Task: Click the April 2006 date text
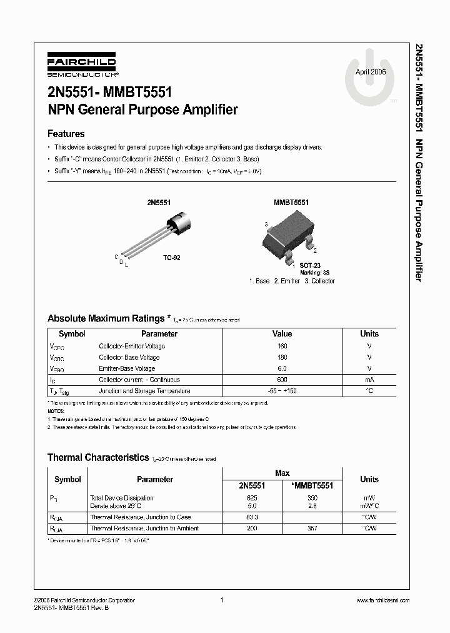click(371, 72)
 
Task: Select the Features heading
click(66, 134)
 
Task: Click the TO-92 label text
click(172, 258)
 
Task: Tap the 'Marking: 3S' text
click(314, 273)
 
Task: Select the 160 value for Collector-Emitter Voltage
click(282, 346)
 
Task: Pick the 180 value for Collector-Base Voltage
click(282, 357)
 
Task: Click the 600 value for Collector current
click(282, 380)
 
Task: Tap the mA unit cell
click(369, 380)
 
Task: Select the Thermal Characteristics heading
click(98, 458)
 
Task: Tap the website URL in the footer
click(382, 600)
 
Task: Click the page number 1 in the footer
click(222, 600)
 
